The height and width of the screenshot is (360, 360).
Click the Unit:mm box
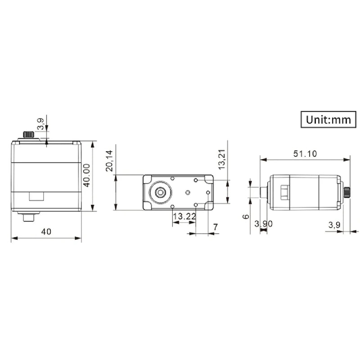328,120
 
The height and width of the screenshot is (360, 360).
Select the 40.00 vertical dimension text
86,175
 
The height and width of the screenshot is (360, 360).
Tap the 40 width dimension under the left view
46,231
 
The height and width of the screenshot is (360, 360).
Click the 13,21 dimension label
221,160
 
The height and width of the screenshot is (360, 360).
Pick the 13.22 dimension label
184,216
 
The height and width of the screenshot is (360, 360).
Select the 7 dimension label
215,227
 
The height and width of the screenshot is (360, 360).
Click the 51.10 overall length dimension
305,153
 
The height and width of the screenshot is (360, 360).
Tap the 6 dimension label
245,216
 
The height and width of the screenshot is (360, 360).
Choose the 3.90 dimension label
263,224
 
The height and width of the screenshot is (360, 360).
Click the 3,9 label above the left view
40,124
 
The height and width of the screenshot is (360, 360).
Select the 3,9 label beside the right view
334,224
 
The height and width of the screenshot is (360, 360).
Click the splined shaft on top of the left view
29,135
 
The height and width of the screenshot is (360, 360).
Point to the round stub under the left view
29,217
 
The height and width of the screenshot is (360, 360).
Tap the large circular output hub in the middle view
160,192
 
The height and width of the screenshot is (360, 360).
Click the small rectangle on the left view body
36,196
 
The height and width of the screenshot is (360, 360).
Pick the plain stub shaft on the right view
265,192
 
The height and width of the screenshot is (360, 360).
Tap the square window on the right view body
284,192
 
